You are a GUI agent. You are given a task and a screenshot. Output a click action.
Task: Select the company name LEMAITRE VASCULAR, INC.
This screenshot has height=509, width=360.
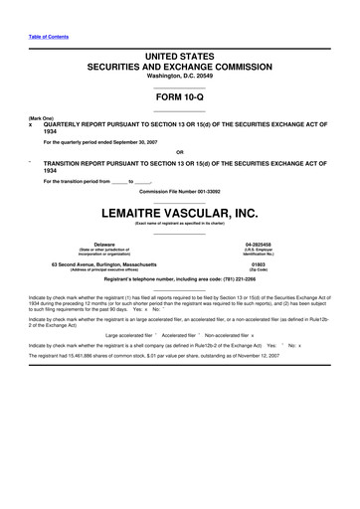click(x=180, y=212)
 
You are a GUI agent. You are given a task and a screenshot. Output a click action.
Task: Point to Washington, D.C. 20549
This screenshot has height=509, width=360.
click(x=180, y=80)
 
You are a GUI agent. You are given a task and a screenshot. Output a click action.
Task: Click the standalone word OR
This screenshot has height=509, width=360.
click(x=180, y=152)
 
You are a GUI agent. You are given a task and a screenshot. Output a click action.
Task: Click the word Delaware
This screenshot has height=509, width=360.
click(x=103, y=243)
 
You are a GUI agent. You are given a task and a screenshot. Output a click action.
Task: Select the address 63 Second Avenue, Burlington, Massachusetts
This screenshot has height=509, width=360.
click(x=103, y=263)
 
